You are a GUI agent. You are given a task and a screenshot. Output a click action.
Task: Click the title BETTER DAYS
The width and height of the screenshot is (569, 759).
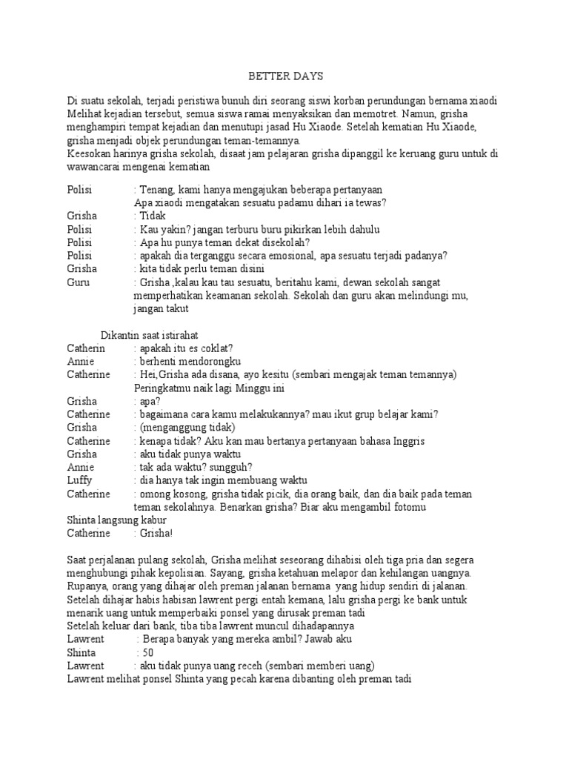(284, 76)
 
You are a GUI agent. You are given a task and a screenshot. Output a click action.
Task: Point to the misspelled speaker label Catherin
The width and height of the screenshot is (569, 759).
(87, 348)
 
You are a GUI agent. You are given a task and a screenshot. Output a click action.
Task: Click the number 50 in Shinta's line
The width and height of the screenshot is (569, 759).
(148, 652)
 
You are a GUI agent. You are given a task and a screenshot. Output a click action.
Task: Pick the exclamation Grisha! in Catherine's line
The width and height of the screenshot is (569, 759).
(150, 533)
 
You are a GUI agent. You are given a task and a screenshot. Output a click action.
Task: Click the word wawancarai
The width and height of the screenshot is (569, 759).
(96, 168)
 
